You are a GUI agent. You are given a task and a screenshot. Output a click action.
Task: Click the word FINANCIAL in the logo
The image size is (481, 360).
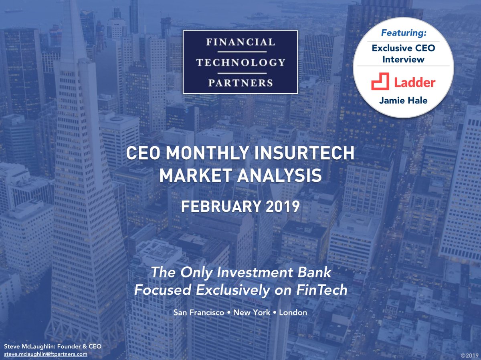240,42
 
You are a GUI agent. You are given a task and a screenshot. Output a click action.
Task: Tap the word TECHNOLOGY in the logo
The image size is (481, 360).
240,62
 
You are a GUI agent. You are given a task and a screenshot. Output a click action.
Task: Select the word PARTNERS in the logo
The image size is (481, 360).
240,83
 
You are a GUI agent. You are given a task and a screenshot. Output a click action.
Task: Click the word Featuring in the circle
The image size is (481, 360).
403,32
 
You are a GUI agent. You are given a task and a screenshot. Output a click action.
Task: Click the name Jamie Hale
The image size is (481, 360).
403,101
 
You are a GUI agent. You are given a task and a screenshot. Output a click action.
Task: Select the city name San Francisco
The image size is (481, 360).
199,312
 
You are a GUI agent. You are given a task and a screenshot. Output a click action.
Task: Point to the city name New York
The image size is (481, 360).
252,312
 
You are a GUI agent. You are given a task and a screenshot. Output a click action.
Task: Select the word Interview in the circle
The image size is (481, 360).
403,59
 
